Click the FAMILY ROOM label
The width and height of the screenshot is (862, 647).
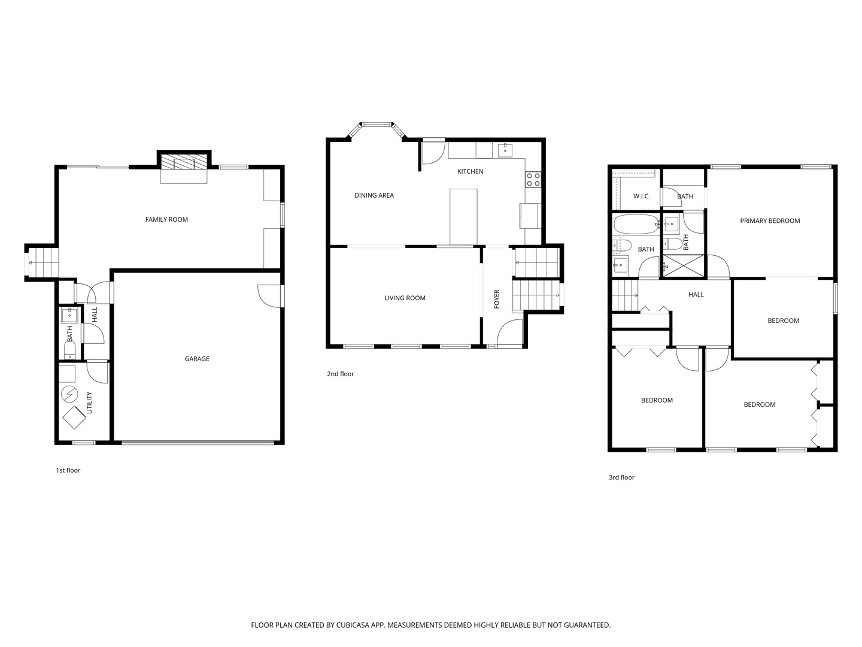[166, 219]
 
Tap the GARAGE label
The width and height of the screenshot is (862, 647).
[197, 359]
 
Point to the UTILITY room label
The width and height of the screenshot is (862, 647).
[89, 403]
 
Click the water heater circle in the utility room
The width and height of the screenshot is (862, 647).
[70, 394]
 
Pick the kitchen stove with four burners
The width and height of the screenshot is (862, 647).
[533, 179]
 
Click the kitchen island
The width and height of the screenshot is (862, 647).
[463, 216]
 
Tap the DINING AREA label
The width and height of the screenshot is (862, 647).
[374, 195]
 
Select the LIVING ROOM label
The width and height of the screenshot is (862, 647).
[405, 298]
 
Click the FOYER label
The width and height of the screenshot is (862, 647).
[496, 300]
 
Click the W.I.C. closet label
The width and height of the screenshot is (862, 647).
[642, 196]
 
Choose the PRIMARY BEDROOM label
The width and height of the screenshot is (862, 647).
[770, 220]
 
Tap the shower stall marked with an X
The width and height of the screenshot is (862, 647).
[683, 265]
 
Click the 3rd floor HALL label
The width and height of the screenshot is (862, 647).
[696, 295]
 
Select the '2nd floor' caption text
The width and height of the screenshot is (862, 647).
[340, 374]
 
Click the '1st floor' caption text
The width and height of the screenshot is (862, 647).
[68, 470]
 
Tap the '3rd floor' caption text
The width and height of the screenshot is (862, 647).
[621, 477]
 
